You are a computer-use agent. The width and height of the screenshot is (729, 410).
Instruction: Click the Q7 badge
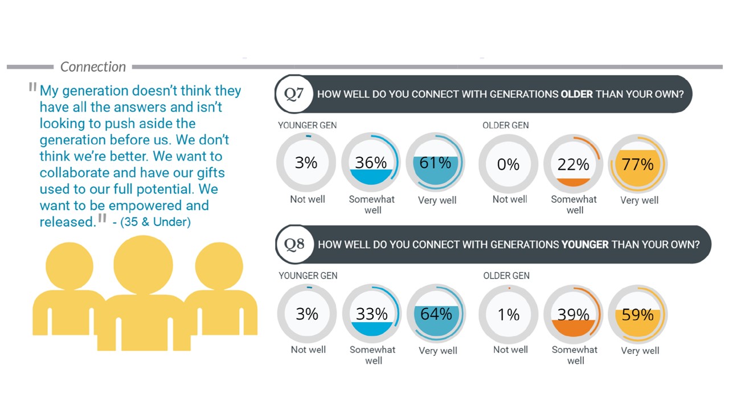click(294, 94)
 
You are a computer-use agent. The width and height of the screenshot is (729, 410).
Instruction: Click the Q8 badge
click(294, 244)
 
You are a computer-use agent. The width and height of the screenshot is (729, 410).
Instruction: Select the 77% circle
click(638, 164)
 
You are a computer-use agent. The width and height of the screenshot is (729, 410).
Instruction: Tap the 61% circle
click(436, 163)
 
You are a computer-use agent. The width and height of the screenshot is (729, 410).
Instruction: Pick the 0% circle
click(508, 164)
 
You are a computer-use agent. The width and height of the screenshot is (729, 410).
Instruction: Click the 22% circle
click(574, 164)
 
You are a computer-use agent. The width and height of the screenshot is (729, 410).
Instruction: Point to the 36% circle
click(371, 163)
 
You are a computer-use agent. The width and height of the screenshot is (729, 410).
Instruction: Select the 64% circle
click(436, 314)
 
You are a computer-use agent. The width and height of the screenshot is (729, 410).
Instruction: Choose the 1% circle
click(509, 314)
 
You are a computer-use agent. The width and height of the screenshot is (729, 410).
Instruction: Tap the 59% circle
click(638, 314)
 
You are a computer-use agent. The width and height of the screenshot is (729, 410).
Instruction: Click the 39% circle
click(574, 314)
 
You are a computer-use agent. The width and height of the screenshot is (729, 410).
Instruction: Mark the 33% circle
click(372, 314)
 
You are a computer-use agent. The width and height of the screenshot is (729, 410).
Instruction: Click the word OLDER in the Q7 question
click(576, 94)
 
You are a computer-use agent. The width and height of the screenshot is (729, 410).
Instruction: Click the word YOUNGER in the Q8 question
click(584, 244)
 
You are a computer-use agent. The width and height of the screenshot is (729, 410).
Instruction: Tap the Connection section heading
click(93, 67)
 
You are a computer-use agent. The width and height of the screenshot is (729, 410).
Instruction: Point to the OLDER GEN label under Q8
click(506, 276)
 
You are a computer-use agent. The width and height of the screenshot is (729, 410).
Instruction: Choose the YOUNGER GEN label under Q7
click(307, 125)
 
